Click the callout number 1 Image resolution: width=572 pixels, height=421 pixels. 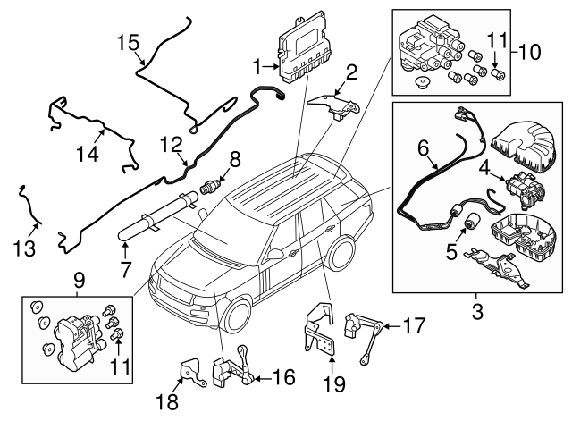pos(258,65)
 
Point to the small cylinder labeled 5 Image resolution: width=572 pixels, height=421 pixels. pos(467,219)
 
